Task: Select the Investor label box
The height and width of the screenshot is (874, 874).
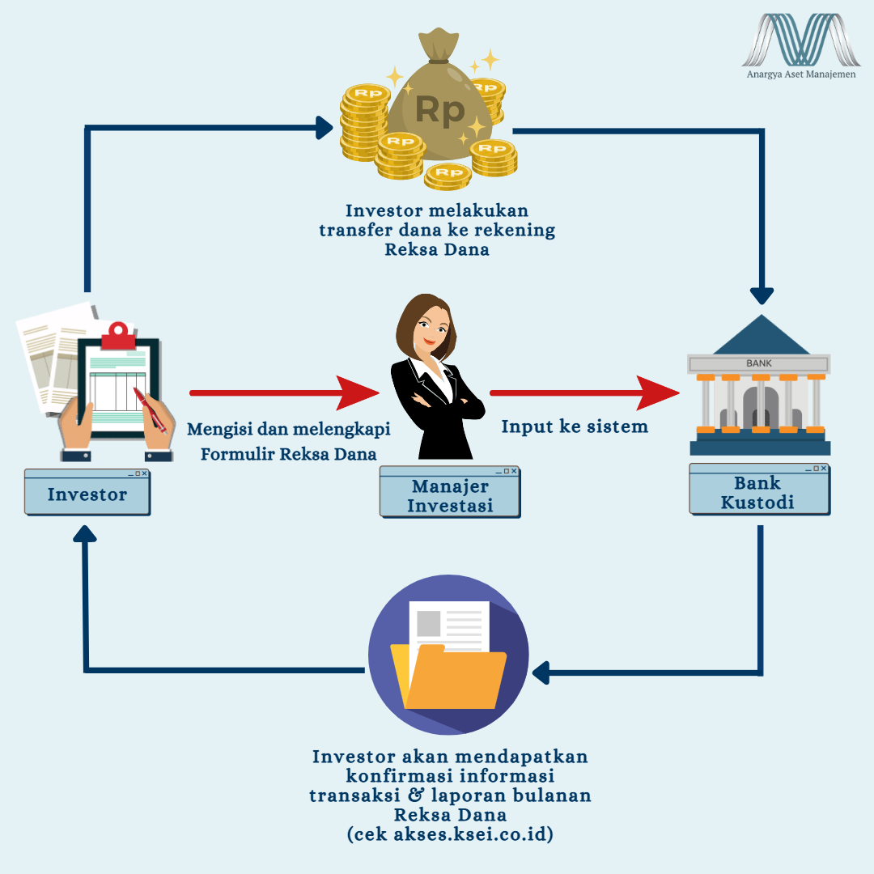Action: coord(87,494)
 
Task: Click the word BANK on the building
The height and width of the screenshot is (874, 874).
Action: coord(759,363)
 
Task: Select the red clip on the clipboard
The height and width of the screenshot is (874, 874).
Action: coord(119,334)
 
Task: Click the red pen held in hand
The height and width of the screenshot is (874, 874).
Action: coord(151,409)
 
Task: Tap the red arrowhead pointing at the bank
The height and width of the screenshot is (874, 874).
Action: coord(659,392)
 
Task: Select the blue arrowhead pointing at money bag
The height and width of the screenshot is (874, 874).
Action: coord(325,127)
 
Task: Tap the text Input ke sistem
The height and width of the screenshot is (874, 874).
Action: coord(575,426)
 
